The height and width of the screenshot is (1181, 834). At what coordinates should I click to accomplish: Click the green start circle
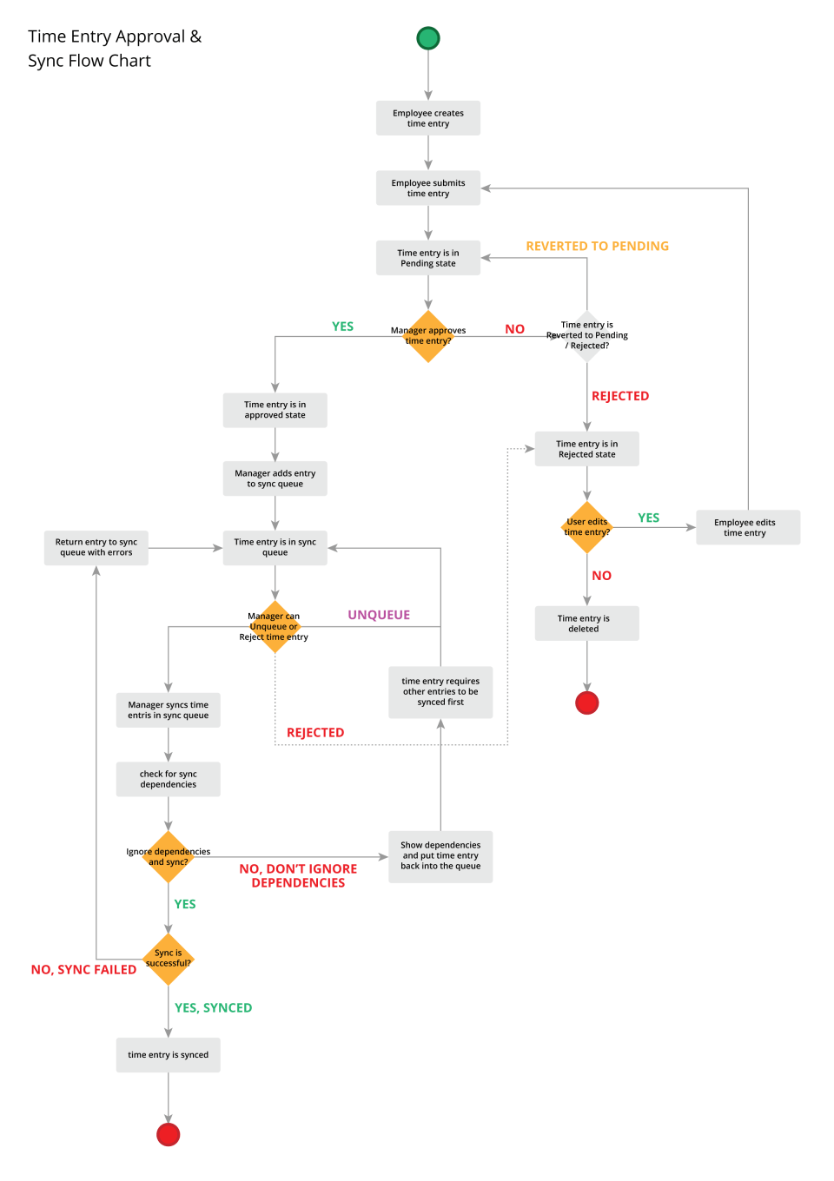pyautogui.click(x=428, y=38)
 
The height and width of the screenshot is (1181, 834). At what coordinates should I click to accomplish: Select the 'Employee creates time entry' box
pyautogui.click(x=428, y=118)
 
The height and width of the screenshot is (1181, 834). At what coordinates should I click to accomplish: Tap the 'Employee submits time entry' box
pyautogui.click(x=428, y=188)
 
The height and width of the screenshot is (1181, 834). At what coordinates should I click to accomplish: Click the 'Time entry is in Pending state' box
pyautogui.click(x=428, y=258)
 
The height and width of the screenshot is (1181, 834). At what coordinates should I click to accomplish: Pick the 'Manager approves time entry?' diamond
pyautogui.click(x=428, y=336)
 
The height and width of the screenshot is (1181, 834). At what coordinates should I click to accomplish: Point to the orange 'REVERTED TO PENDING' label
pyautogui.click(x=597, y=246)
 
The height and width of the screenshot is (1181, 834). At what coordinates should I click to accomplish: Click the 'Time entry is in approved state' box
pyautogui.click(x=275, y=410)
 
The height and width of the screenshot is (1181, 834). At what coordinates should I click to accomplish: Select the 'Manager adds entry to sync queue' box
pyautogui.click(x=275, y=478)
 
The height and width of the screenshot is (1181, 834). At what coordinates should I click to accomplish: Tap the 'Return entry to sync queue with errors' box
pyautogui.click(x=96, y=547)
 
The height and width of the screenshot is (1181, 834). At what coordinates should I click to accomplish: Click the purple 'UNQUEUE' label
pyautogui.click(x=379, y=615)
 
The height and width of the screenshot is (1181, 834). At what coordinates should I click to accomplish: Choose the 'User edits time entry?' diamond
pyautogui.click(x=587, y=527)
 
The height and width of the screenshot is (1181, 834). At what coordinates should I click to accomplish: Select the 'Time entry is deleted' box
pyautogui.click(x=586, y=623)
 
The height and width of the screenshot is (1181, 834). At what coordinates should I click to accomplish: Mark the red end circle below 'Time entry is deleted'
pyautogui.click(x=587, y=703)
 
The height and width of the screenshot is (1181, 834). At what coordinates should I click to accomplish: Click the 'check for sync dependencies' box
pyautogui.click(x=169, y=779)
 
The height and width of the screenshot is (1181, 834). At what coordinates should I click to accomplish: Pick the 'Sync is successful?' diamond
pyautogui.click(x=169, y=959)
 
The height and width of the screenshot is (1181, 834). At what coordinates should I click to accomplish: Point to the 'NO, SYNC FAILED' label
pyautogui.click(x=83, y=969)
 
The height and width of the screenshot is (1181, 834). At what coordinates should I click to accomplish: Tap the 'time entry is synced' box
pyautogui.click(x=169, y=1055)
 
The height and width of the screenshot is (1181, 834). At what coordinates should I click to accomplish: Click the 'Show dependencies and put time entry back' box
pyautogui.click(x=440, y=856)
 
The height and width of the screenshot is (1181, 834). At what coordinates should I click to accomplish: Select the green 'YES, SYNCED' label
pyautogui.click(x=213, y=1007)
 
